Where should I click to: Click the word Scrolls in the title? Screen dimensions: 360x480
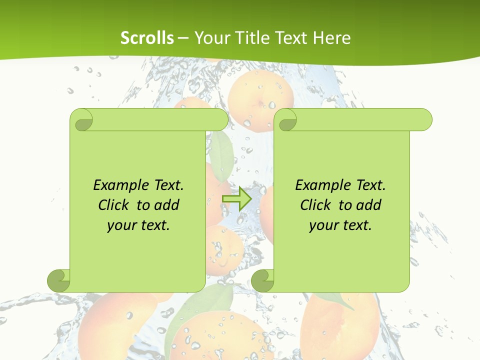pyautogui.click(x=147, y=38)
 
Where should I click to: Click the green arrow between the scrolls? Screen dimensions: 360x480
pyautogui.click(x=236, y=198)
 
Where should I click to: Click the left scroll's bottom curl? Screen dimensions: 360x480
pyautogui.click(x=59, y=280)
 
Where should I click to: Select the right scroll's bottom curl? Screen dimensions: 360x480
pyautogui.click(x=263, y=280)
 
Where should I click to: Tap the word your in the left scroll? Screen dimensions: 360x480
pyautogui.click(x=120, y=225)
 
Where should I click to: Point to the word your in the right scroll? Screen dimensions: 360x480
pyautogui.click(x=322, y=225)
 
